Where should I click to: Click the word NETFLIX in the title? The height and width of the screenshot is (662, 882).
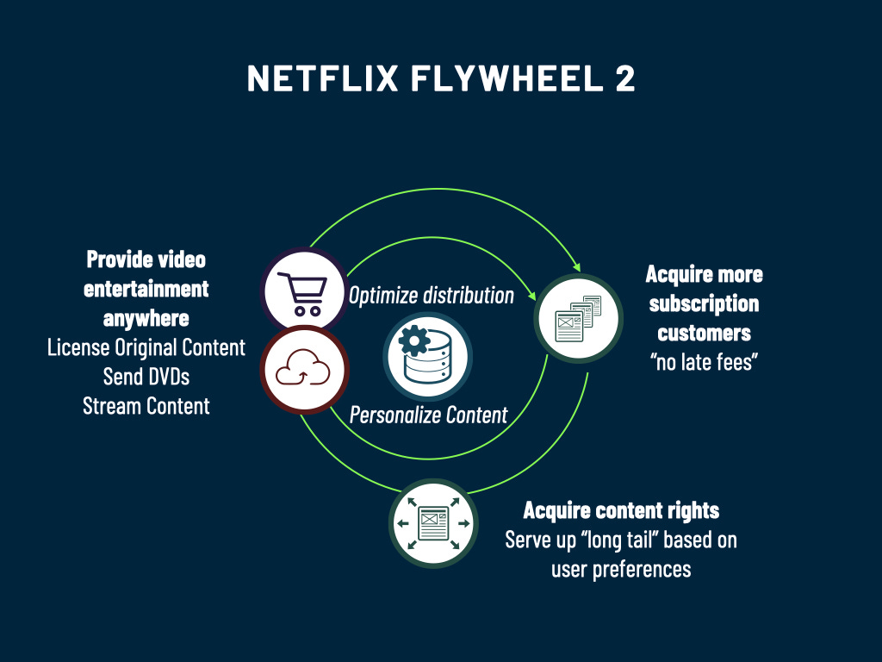tap(323, 78)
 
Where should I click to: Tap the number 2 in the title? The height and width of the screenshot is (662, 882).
tap(624, 78)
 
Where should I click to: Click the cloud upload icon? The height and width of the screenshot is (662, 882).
tap(302, 370)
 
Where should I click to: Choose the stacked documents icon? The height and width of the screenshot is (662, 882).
tap(577, 318)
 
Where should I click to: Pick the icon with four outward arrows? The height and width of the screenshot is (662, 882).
tap(432, 523)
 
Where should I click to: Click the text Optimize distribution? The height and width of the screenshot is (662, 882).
tap(431, 296)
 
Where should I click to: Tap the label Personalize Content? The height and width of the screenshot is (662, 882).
tap(428, 415)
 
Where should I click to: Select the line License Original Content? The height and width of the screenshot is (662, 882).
tap(146, 348)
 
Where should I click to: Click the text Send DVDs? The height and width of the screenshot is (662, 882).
tap(146, 377)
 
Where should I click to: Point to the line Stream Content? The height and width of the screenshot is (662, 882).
tap(146, 405)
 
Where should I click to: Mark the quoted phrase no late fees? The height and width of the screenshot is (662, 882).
tap(703, 362)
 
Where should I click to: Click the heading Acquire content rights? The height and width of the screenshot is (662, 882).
tap(621, 510)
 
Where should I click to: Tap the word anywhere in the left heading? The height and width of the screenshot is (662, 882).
tap(146, 318)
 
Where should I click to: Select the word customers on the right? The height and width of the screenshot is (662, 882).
tap(704, 333)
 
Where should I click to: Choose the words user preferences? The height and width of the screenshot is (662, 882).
tap(621, 569)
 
